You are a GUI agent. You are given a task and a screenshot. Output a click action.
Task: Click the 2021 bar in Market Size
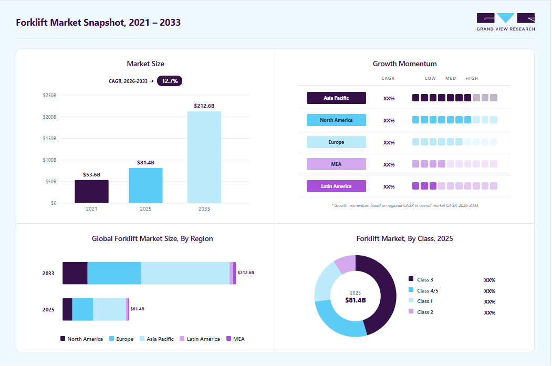91,192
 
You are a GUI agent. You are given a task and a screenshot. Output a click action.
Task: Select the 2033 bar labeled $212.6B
204,158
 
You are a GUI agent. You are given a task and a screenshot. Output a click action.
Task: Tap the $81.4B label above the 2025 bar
145,163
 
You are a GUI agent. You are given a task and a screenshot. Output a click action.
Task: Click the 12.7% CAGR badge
169,81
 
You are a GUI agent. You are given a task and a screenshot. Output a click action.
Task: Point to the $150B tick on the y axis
50,139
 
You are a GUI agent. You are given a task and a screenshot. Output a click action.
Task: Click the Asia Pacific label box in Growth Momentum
336,98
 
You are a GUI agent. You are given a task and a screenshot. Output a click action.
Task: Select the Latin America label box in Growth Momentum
336,186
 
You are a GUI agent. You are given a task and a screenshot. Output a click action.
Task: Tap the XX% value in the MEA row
389,165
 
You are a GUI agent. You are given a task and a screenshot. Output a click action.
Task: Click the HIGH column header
472,78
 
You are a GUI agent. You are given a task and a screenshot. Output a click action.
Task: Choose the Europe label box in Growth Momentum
336,142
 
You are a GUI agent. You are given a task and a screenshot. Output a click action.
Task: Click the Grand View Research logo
506,22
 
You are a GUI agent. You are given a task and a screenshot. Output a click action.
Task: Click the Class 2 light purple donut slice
346,263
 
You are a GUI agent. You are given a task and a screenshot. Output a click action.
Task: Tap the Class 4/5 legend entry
423,291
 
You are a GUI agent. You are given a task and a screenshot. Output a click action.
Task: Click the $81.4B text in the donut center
356,300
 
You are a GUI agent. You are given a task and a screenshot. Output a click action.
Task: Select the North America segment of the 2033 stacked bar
75,273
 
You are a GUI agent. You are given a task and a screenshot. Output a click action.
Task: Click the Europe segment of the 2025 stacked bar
83,310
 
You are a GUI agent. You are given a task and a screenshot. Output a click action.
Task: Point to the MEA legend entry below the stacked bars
235,339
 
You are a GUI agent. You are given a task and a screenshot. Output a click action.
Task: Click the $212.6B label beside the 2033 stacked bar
246,273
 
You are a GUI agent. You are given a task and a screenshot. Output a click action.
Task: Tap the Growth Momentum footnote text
404,205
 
